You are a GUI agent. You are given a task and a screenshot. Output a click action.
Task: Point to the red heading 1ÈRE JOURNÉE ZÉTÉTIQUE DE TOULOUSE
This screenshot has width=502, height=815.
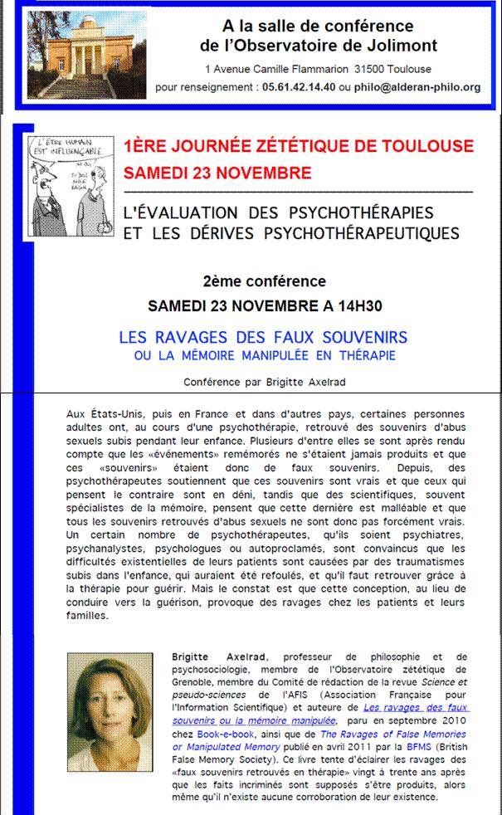click(x=298, y=147)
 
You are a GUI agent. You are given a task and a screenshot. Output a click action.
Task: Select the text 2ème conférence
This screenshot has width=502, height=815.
click(x=264, y=281)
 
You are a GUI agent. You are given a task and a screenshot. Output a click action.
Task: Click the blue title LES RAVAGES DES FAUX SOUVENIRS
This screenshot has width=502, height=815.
click(x=263, y=338)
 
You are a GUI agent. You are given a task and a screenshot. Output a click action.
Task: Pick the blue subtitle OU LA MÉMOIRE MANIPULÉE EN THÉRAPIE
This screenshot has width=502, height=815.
click(x=264, y=356)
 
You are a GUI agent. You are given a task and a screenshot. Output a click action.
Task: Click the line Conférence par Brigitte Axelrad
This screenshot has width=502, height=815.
click(x=263, y=382)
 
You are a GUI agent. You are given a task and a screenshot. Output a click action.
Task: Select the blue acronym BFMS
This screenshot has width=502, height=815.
click(x=429, y=748)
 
